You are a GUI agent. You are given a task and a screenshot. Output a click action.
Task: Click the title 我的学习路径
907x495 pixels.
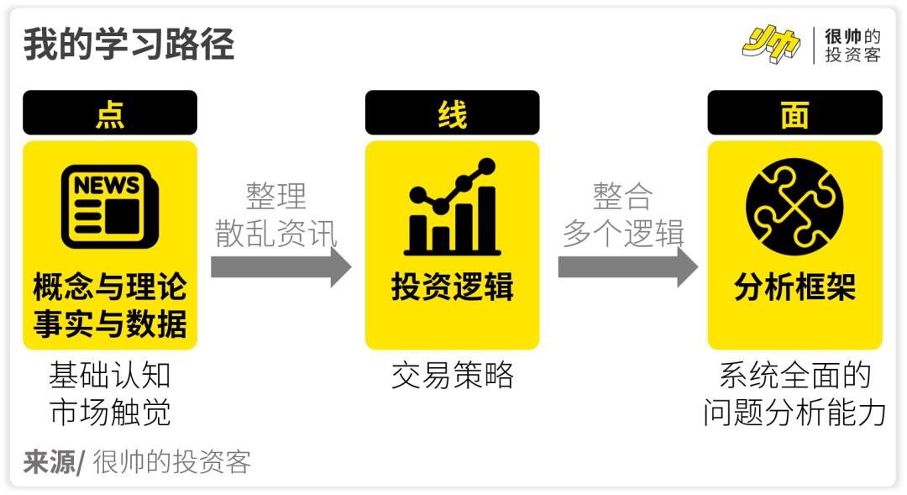tap(128, 44)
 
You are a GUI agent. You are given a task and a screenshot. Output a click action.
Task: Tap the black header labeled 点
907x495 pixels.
tap(110, 113)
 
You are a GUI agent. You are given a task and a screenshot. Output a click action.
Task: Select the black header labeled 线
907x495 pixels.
tap(453, 113)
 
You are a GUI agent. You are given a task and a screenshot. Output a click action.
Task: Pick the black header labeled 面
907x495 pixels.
tap(794, 113)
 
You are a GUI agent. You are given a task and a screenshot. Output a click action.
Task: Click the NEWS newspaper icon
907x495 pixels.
tap(110, 207)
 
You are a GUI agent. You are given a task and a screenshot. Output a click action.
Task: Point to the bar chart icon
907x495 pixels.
tap(453, 207)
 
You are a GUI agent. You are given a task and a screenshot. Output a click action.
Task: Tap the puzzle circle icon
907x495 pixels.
tap(794, 207)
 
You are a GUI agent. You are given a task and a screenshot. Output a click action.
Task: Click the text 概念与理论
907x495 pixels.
tap(110, 287)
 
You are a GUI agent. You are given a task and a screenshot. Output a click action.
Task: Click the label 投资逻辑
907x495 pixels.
tap(453, 287)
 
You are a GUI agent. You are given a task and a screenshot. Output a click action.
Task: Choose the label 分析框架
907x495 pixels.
tap(794, 287)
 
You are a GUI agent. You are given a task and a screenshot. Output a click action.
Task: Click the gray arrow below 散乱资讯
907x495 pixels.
tap(281, 267)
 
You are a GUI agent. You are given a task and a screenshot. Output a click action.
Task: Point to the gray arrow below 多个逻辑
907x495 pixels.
tap(628, 267)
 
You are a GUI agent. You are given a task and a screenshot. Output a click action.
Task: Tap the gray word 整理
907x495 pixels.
tap(276, 196)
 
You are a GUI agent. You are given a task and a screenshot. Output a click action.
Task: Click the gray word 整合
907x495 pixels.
tap(623, 196)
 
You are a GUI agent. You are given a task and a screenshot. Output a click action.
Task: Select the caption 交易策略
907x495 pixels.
tap(453, 375)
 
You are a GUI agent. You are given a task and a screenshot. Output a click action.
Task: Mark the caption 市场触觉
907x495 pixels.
tap(110, 413)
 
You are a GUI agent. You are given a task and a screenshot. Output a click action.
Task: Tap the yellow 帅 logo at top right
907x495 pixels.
tap(772, 44)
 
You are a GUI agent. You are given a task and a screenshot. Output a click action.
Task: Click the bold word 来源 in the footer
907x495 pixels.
tap(50, 462)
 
